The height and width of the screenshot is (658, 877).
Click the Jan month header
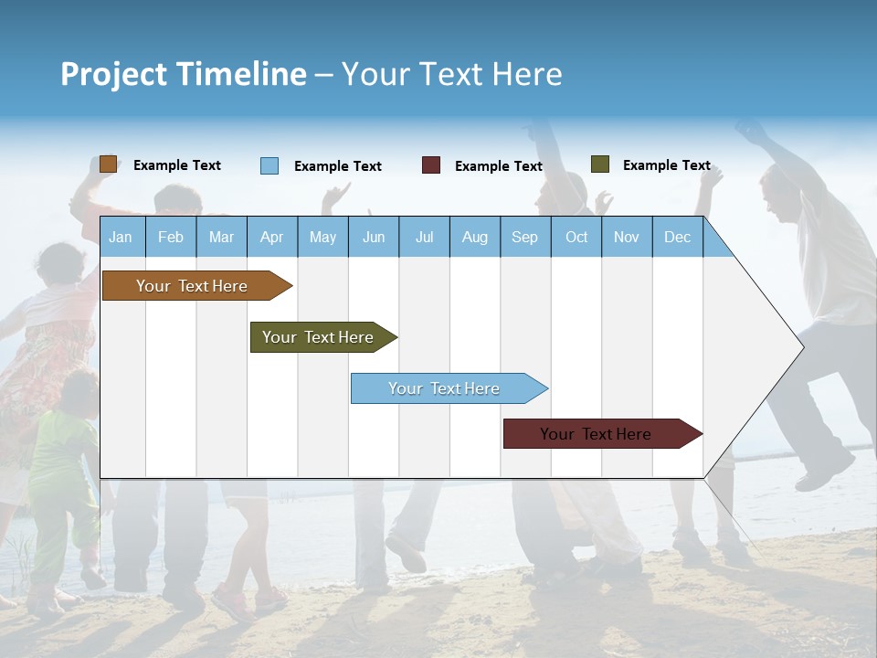121,237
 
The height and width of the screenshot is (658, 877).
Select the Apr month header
271,237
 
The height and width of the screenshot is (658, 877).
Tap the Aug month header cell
474,237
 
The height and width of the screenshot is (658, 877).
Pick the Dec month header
677,237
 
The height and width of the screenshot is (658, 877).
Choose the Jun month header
374,237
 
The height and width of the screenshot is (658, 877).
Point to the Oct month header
576,237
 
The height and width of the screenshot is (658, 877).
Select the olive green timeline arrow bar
320,337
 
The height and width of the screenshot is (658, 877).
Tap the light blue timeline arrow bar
446,388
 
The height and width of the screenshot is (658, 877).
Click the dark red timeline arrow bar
598,434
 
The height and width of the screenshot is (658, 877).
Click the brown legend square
109,164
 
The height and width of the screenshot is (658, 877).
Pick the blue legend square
269,165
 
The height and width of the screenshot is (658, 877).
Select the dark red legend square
431,165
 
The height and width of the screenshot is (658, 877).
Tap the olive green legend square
600,164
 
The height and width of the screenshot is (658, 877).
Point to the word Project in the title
113,74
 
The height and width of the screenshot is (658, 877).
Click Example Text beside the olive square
666,165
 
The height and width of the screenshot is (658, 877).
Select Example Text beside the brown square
177,165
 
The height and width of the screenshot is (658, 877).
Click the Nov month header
627,237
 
